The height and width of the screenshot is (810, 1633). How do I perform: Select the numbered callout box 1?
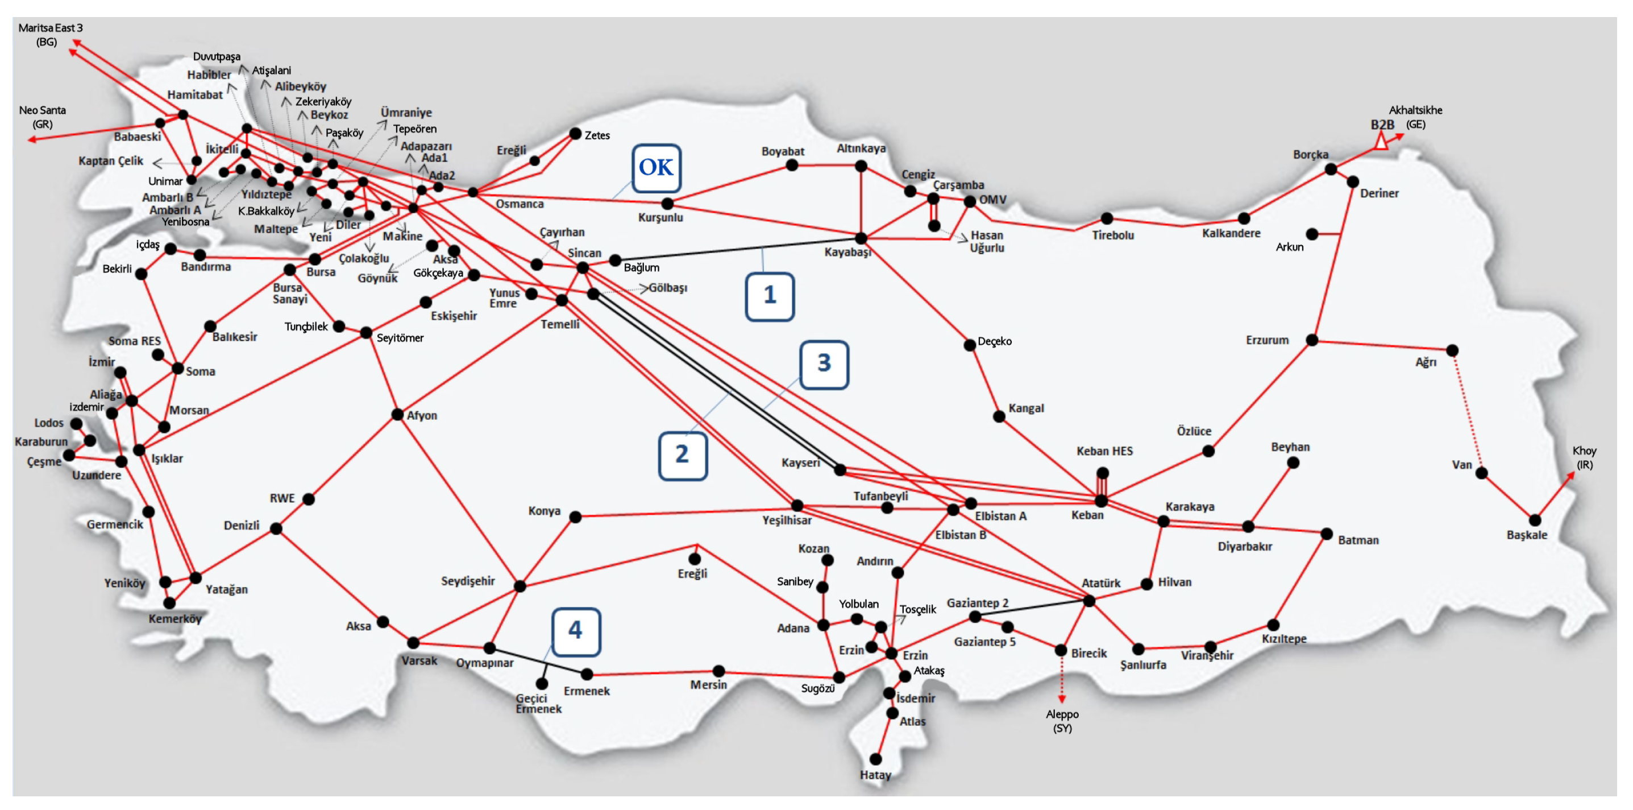770,296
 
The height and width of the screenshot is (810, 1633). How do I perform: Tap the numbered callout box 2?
683,456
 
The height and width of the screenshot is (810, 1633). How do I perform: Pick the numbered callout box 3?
824,364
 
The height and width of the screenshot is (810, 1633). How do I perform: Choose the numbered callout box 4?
576,631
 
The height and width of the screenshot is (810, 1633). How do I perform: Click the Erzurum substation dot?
1312,341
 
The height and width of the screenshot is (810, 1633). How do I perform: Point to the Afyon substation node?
397,415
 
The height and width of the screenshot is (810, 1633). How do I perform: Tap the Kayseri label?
800,463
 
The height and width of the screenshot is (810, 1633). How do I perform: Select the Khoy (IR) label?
1584,457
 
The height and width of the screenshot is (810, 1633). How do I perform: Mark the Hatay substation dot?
875,759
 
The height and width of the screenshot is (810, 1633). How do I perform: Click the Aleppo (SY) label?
1062,721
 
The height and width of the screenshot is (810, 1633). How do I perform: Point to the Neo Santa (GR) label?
43,117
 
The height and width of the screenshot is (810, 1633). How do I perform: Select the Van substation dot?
1481,473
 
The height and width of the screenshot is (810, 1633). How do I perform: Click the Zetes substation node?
575,134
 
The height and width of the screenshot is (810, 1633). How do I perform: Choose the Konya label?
544,511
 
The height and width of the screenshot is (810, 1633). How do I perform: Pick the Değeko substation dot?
969,345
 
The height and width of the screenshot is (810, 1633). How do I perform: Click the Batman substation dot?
1326,534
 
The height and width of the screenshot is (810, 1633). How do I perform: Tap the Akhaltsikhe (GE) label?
1415,117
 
